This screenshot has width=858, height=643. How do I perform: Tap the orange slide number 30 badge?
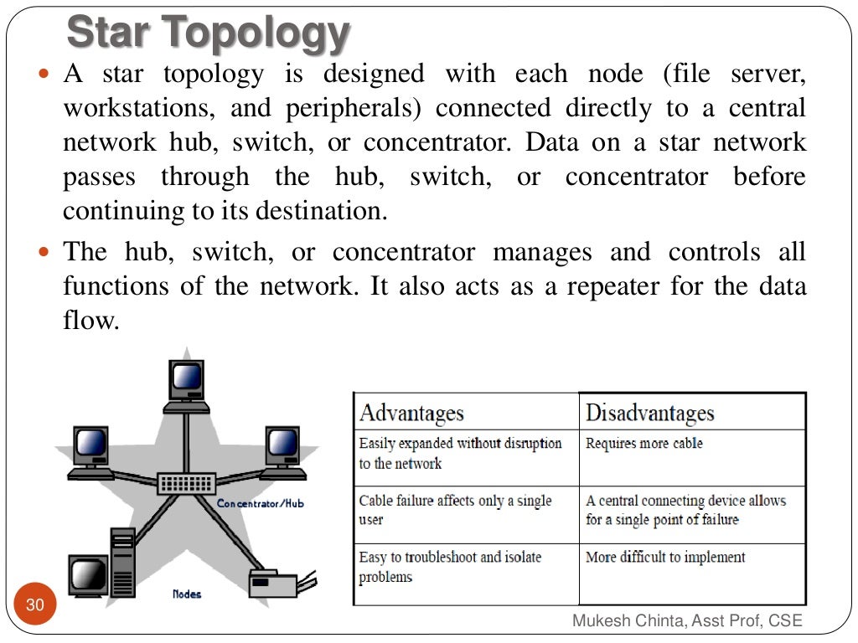pos(35,604)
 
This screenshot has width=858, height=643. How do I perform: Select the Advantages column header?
pos(411,413)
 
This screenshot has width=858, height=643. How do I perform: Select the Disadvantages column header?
pos(649,413)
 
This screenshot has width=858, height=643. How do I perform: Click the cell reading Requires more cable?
pos(643,444)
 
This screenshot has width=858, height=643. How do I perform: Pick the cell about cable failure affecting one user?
pos(455,510)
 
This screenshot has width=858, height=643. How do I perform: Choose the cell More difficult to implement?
pos(665,558)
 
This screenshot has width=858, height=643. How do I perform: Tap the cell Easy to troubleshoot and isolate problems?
pos(450,567)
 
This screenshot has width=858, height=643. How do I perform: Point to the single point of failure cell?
pos(685,510)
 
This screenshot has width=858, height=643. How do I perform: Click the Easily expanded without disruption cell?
pos(460,453)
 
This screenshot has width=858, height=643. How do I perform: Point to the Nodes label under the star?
pos(186,594)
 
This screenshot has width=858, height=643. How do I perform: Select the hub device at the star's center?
pos(186,482)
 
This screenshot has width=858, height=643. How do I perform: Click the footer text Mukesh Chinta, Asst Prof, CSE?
pos(687,620)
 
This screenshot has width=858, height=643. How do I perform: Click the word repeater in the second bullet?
pos(613,287)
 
